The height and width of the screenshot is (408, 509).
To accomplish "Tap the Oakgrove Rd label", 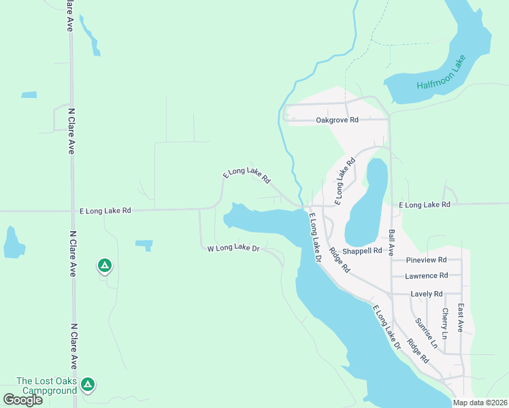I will point(336,120).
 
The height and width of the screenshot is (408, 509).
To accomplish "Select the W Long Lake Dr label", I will point(234,249).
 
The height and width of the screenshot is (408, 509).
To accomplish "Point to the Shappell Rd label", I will point(362,251).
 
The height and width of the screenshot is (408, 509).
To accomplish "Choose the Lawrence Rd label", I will point(426,276).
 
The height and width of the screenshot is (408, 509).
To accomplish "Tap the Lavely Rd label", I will point(427,294).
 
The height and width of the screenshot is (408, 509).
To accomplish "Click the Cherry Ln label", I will point(444,324).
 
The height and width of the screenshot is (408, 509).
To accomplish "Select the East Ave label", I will point(461,318).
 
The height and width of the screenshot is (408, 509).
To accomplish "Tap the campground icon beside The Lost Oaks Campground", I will point(87,385).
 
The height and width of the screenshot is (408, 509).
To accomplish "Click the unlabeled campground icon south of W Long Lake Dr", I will point(104,265).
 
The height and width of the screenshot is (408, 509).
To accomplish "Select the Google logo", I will point(22,400).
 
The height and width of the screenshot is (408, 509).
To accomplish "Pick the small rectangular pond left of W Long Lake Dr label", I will point(144,245).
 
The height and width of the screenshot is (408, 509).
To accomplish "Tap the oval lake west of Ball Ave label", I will point(368,204).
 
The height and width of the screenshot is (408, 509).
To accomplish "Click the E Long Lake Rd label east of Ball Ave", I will point(424,205).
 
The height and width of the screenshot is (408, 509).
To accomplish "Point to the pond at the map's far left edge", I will point(12,243).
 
